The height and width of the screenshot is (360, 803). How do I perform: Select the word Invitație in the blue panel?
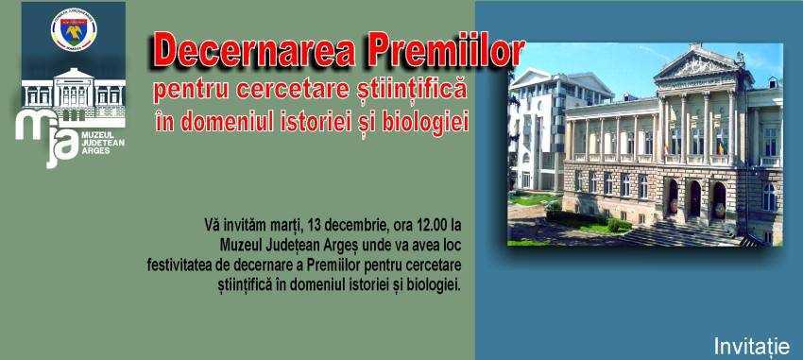click(752, 346)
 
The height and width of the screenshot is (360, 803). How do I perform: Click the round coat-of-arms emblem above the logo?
click(74, 29)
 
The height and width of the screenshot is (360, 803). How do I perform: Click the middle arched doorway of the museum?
click(695, 198)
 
